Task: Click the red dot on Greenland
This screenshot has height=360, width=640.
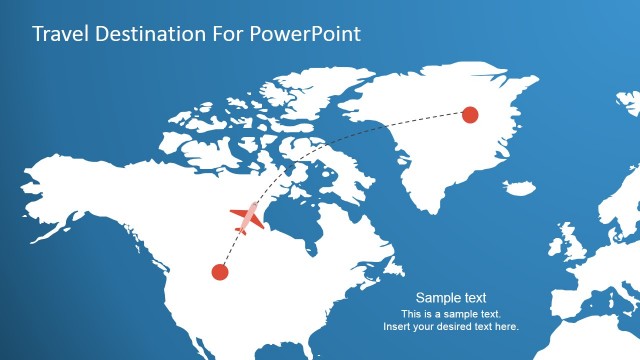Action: point(469,115)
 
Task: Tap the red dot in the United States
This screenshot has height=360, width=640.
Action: point(220,271)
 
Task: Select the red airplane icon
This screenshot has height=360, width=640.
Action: point(246,216)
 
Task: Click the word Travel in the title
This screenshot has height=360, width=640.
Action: point(58,34)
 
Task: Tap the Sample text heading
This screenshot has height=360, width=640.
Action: point(451,298)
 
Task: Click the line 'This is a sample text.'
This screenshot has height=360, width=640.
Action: point(451,314)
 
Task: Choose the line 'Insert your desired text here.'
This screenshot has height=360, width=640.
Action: point(451,327)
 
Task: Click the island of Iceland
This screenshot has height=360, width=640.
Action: point(519,187)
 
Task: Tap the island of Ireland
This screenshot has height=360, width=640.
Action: point(556,250)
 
